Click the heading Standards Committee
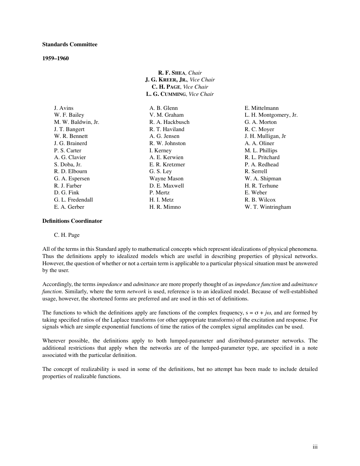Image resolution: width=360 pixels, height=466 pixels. [70, 44]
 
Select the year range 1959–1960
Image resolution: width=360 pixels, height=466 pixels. [55, 58]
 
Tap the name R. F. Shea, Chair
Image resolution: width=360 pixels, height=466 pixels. [180, 73]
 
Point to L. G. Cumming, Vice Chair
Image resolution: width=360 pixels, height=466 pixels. [180, 94]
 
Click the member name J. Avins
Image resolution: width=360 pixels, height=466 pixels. [64, 108]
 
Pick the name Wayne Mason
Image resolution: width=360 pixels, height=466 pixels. [166, 178]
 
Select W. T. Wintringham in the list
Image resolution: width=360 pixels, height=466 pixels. [268, 207]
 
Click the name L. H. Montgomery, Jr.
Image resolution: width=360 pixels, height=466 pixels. [271, 115]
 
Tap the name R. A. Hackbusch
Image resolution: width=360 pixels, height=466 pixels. [169, 122]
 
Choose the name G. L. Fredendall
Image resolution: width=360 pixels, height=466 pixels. [74, 200]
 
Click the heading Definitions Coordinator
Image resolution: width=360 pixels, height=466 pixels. [72, 221]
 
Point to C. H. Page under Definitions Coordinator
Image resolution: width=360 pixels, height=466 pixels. [67, 235]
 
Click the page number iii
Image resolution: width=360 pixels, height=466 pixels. [315, 447]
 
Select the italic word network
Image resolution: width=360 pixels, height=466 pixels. [136, 291]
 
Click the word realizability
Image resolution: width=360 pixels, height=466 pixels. [88, 369]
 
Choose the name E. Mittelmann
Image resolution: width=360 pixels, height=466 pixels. [261, 108]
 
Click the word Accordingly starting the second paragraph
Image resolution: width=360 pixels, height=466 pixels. [57, 284]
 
